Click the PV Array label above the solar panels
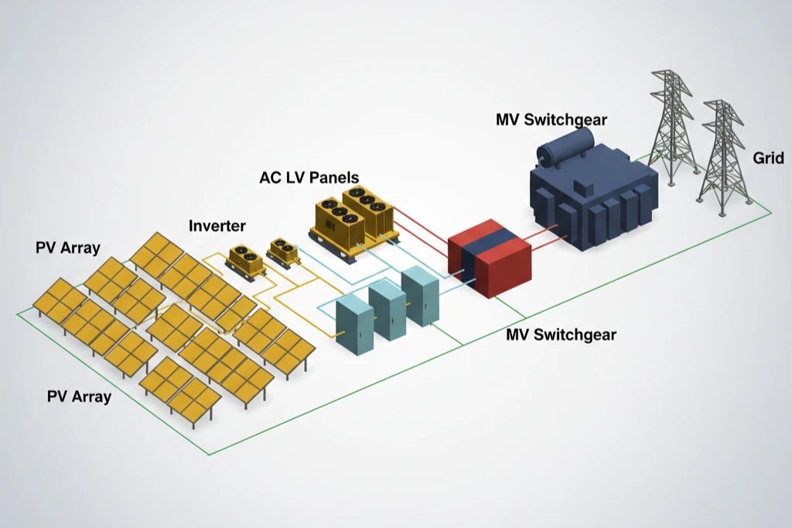pyautogui.click(x=68, y=249)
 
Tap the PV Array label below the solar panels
pyautogui.click(x=79, y=397)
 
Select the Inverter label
pyautogui.click(x=217, y=226)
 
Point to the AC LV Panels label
pyautogui.click(x=309, y=177)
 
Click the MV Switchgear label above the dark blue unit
pyautogui.click(x=551, y=120)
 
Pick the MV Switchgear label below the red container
pyautogui.click(x=561, y=334)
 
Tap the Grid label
pyautogui.click(x=768, y=159)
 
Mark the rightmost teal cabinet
pyautogui.click(x=419, y=296)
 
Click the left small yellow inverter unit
pyautogui.click(x=245, y=261)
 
